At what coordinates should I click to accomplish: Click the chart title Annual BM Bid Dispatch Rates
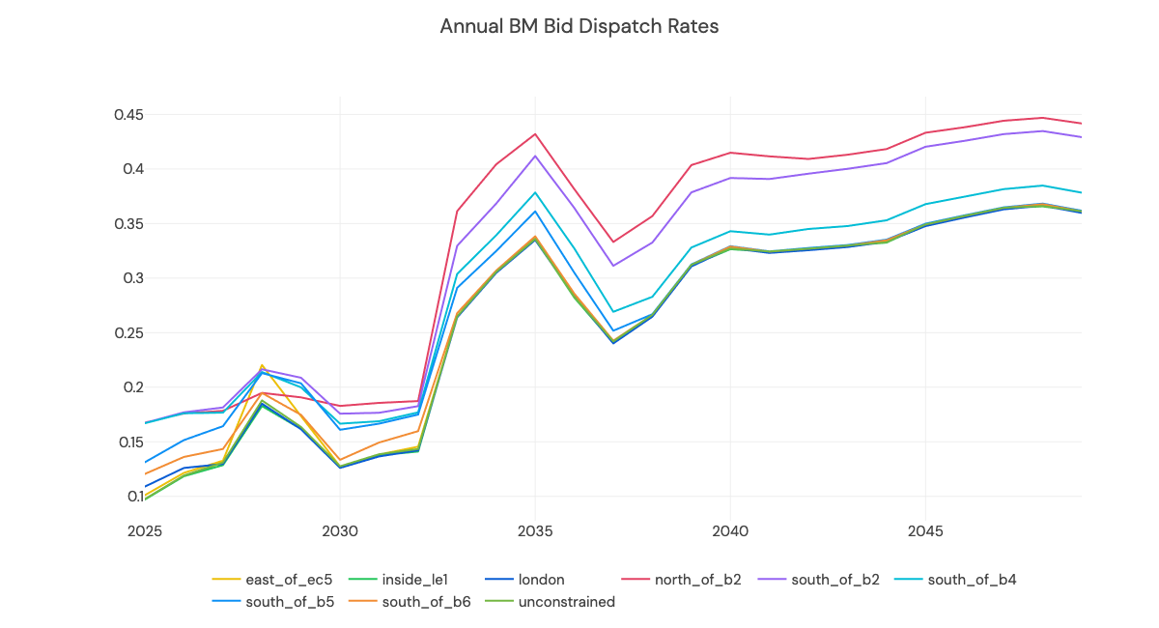click(579, 26)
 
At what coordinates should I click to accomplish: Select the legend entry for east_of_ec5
click(288, 580)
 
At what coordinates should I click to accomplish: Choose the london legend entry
click(541, 580)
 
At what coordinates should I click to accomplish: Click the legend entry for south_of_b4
click(971, 580)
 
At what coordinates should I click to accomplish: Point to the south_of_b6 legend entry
click(426, 602)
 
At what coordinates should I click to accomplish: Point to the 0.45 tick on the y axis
click(128, 115)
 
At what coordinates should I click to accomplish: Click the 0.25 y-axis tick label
click(128, 333)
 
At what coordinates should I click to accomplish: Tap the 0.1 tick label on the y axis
click(133, 497)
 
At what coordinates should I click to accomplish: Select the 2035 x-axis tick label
click(535, 531)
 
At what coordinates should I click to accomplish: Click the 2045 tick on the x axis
click(925, 531)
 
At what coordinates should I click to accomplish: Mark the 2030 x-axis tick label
click(339, 531)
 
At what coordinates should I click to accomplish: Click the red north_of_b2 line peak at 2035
click(535, 134)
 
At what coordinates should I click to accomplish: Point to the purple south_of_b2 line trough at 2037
click(613, 266)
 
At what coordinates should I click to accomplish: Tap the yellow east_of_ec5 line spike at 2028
click(262, 365)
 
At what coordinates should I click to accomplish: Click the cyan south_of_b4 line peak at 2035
click(535, 192)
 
